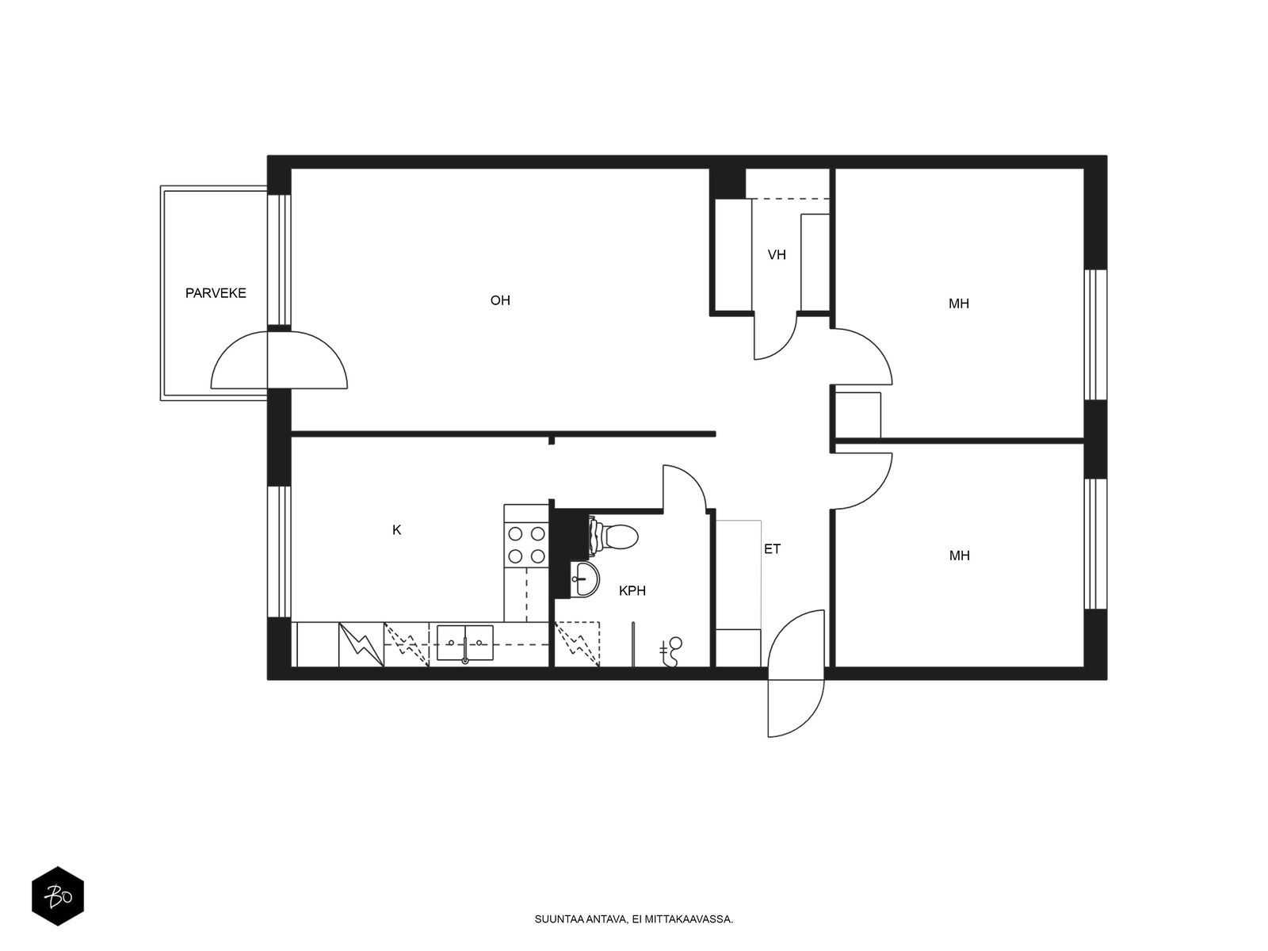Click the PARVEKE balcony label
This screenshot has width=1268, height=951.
[216, 293]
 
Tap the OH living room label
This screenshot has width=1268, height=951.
[500, 300]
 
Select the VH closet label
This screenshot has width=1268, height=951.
[777, 255]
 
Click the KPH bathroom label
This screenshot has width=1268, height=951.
[632, 590]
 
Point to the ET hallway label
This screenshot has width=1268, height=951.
[772, 548]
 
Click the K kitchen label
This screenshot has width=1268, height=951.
[397, 530]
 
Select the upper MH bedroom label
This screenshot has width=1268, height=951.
[959, 304]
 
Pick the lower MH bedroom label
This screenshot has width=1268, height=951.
[959, 556]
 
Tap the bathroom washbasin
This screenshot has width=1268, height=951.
[585, 579]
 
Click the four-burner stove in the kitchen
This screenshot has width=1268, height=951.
[526, 544]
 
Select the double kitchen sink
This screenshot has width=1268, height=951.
[465, 642]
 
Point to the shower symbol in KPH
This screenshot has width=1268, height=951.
[672, 651]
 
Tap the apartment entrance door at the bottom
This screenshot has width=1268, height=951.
[796, 674]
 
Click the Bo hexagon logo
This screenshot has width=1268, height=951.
[58, 896]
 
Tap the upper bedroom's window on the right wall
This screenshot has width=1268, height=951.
[1095, 334]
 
